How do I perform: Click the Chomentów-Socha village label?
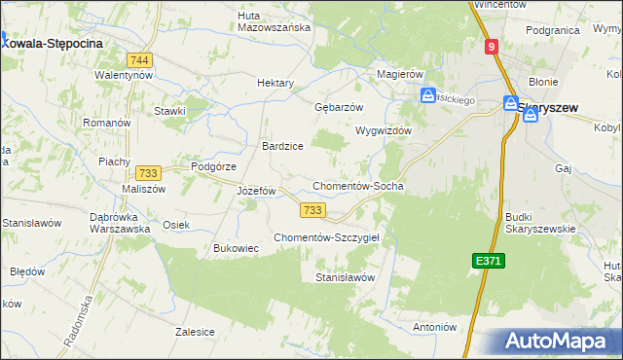point(357,186)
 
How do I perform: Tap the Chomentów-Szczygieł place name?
point(332,237)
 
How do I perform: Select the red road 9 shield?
point(492,46)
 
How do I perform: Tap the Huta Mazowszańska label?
point(274,20)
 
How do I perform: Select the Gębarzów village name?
point(339,107)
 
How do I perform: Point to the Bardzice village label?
point(282,146)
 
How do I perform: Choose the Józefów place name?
point(257,191)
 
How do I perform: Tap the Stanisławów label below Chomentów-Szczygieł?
point(345,277)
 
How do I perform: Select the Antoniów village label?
point(434,327)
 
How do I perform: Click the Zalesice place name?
point(195,332)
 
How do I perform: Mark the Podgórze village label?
point(214,166)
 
